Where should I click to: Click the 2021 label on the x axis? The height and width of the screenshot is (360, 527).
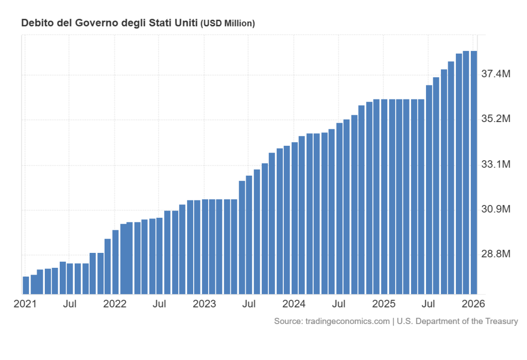click(25, 304)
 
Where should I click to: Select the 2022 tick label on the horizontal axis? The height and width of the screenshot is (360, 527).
click(114, 304)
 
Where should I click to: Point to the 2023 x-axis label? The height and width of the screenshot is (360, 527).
click(204, 304)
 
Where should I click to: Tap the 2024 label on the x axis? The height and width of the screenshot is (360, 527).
click(294, 304)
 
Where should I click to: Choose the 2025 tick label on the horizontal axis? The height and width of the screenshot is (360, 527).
click(384, 304)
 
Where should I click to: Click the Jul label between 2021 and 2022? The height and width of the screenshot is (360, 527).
click(70, 304)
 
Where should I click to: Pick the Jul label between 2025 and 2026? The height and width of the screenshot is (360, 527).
click(429, 304)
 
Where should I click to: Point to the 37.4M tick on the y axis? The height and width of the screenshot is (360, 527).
click(496, 75)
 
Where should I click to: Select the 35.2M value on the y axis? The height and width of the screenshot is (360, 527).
click(496, 119)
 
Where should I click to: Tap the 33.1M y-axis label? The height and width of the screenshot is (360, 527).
click(496, 165)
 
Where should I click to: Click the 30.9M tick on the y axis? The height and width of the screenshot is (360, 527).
click(496, 210)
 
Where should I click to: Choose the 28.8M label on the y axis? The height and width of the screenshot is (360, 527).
click(496, 254)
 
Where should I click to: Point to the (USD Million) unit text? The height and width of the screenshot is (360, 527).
click(228, 23)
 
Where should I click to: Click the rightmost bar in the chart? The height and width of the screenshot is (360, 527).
click(473, 173)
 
